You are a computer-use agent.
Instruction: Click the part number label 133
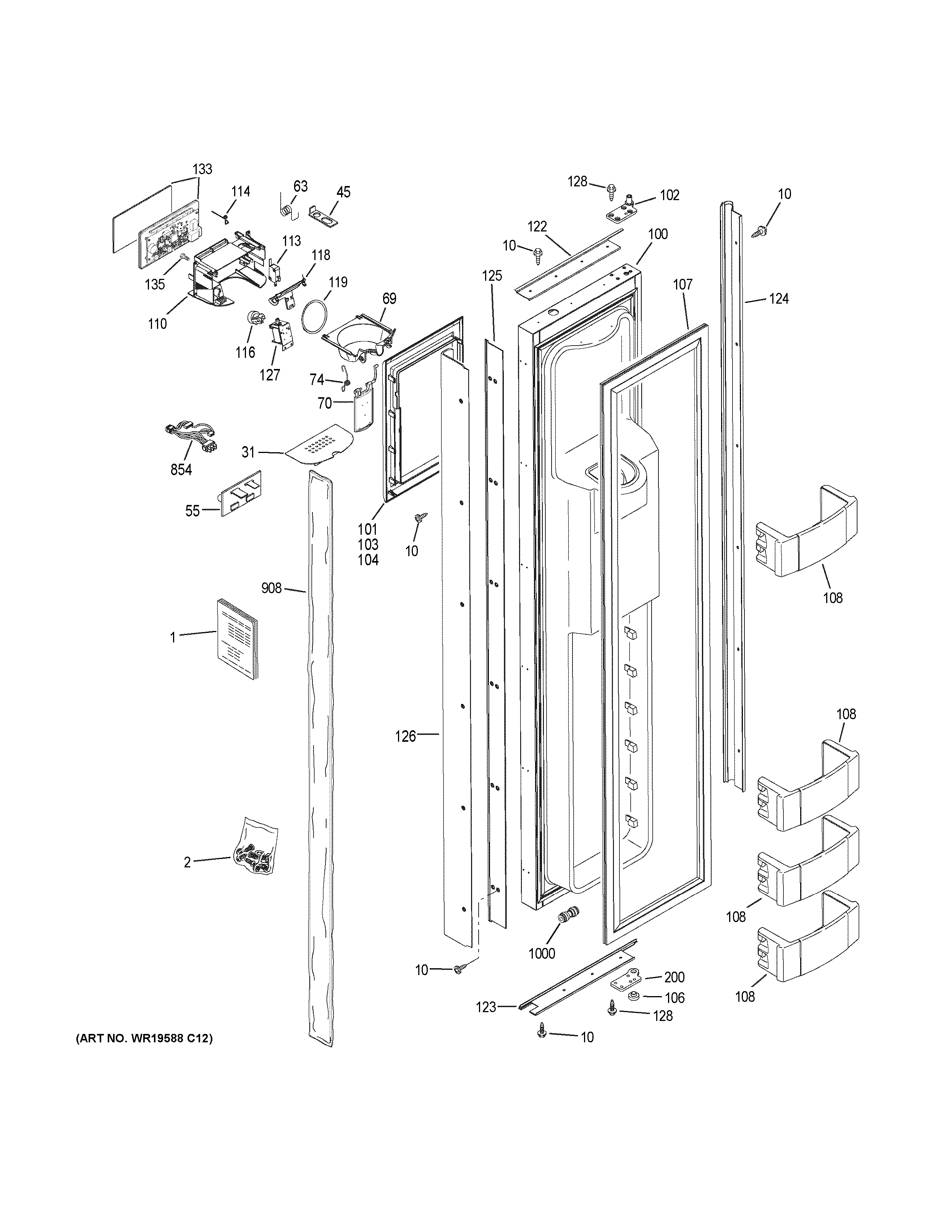coord(202,169)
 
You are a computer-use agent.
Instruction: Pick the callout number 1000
coord(542,953)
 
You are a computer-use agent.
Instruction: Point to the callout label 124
coord(778,299)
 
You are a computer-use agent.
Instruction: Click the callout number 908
coord(272,588)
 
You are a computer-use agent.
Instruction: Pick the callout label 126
coord(406,736)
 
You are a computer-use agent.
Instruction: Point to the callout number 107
coord(683,285)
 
